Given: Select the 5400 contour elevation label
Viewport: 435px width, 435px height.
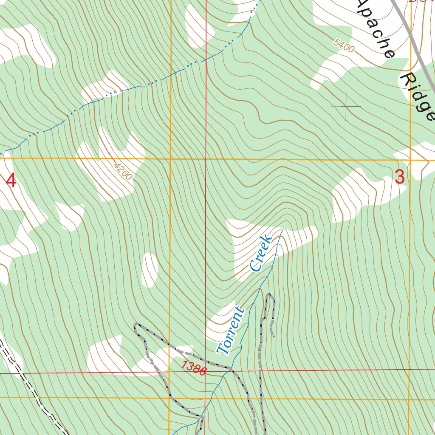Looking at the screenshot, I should point(344,45).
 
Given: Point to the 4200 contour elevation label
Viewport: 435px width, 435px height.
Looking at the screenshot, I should point(123,170).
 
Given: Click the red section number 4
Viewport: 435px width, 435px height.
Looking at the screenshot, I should point(11,181).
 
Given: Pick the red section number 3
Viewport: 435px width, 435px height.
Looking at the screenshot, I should point(399,177).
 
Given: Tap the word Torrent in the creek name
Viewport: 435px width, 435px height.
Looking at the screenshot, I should point(231,330).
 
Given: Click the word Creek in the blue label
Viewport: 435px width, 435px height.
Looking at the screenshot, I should point(261,253).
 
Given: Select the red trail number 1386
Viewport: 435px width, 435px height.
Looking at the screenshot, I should point(194,368).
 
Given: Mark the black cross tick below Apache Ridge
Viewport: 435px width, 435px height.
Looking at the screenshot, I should point(346,106).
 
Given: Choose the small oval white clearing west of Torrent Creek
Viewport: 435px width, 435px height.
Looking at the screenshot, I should point(150,270).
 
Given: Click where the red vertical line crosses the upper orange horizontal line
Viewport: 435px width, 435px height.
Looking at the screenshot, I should point(206,159).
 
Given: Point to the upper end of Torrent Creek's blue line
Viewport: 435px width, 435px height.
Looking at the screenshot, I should point(282,231).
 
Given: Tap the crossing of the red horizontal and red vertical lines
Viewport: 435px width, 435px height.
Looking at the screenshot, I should point(206,372).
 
